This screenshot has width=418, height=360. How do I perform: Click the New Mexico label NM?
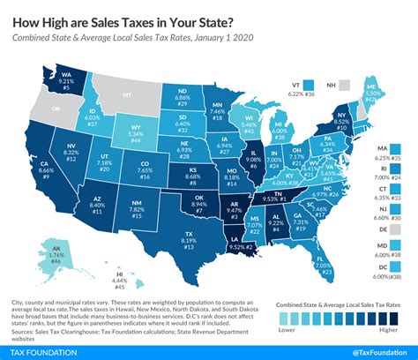point(135,204)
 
